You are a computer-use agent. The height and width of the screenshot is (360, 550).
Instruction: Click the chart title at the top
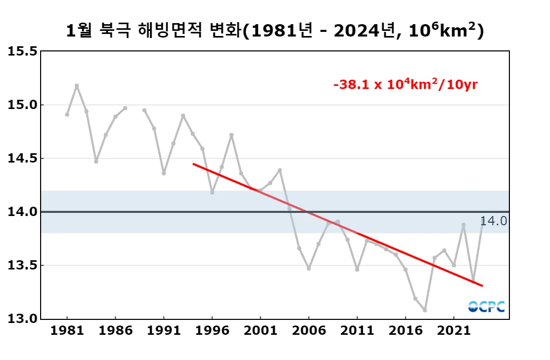(x=275, y=31)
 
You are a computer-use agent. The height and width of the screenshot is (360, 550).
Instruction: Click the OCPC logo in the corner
(x=486, y=307)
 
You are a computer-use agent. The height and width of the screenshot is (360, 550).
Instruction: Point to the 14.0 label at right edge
(x=493, y=221)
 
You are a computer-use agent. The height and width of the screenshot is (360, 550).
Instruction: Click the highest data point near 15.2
(x=77, y=85)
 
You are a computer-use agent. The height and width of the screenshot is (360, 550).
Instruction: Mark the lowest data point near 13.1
(x=425, y=310)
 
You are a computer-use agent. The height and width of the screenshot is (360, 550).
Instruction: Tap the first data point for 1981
(x=67, y=114)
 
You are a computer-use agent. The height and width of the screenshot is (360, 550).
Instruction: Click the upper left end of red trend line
(x=193, y=164)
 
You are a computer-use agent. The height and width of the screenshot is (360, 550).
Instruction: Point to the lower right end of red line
(x=482, y=285)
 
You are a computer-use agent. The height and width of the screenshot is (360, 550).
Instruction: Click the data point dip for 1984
(x=96, y=161)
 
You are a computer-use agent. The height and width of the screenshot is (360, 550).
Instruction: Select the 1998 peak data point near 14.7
(x=231, y=135)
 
